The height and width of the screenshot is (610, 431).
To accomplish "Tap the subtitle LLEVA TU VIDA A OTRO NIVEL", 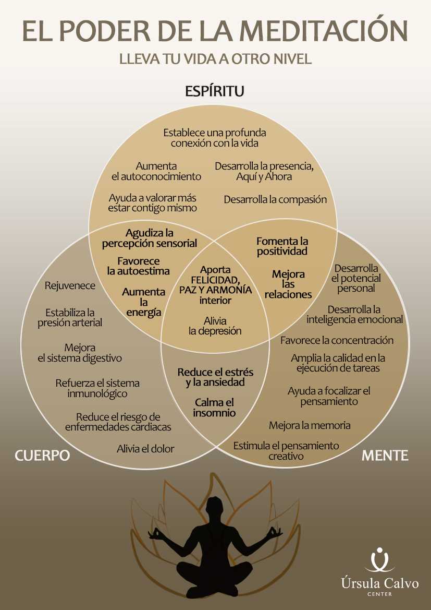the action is pyautogui.click(x=215, y=59).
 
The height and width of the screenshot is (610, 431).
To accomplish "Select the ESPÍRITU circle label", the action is pyautogui.click(x=215, y=90).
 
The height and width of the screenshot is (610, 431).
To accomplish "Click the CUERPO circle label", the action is pyautogui.click(x=42, y=456).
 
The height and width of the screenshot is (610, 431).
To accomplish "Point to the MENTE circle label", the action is pyautogui.click(x=385, y=456).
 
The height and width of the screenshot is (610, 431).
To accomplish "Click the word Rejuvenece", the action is pyautogui.click(x=70, y=285).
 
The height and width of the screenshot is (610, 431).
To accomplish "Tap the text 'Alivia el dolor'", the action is pyautogui.click(x=145, y=449).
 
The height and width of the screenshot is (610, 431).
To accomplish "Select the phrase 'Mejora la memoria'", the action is pyautogui.click(x=310, y=425).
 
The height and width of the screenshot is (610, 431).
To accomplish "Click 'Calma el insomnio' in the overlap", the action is pyautogui.click(x=215, y=408).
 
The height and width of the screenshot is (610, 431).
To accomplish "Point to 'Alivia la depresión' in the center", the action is pyautogui.click(x=215, y=326).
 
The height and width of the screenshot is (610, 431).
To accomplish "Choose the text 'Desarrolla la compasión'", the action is pyautogui.click(x=275, y=199).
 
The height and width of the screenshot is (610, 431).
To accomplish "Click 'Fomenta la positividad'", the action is pyautogui.click(x=282, y=246).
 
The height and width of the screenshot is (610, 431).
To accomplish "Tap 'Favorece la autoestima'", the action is pyautogui.click(x=139, y=266).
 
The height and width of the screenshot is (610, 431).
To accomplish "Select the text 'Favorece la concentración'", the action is pyautogui.click(x=337, y=340).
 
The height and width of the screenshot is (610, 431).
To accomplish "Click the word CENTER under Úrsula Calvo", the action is pyautogui.click(x=380, y=594).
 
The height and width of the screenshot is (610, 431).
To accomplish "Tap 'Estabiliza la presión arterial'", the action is pyautogui.click(x=70, y=317).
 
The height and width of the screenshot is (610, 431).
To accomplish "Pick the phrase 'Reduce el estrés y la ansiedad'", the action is pyautogui.click(x=215, y=377).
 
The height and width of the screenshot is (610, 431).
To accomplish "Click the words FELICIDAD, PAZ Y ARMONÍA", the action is pyautogui.click(x=215, y=285).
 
